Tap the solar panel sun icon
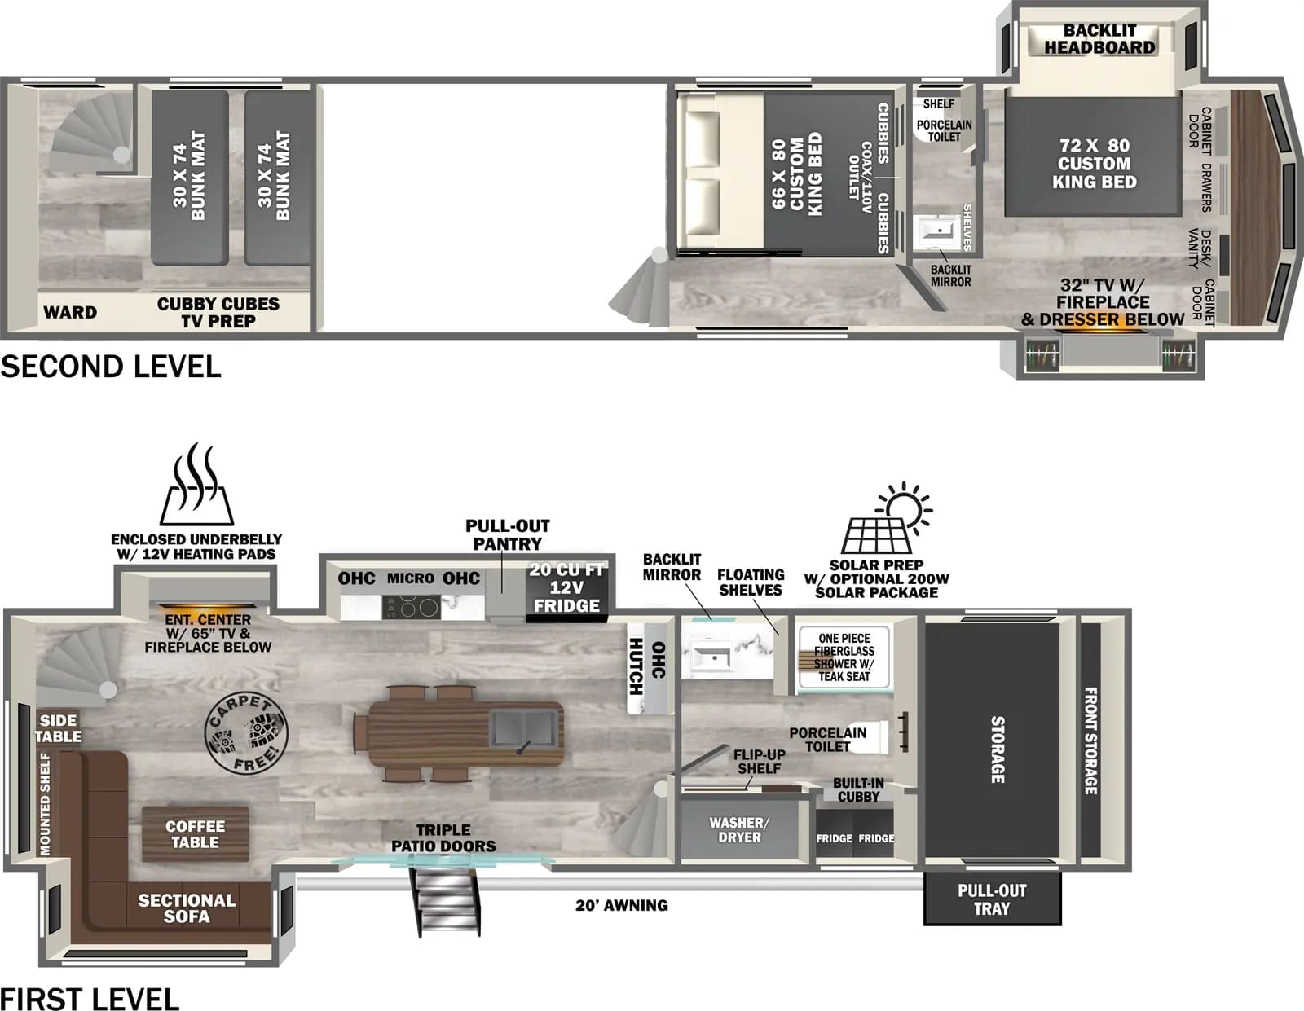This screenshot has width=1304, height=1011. click(887, 520)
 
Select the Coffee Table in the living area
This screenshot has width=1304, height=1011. click(195, 834)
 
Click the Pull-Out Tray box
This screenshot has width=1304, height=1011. click(992, 899)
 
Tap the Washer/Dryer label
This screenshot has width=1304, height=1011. click(738, 830)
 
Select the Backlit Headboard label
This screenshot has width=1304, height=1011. click(1099, 39)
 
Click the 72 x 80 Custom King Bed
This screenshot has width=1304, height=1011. click(1094, 164)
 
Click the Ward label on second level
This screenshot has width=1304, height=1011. click(70, 313)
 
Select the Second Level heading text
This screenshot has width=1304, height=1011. click(111, 367)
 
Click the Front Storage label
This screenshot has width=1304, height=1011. click(1090, 741)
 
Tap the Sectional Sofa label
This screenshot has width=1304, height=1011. click(187, 908)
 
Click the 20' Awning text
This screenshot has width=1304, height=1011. click(621, 905)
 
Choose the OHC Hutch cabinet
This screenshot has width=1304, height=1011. click(649, 666)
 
